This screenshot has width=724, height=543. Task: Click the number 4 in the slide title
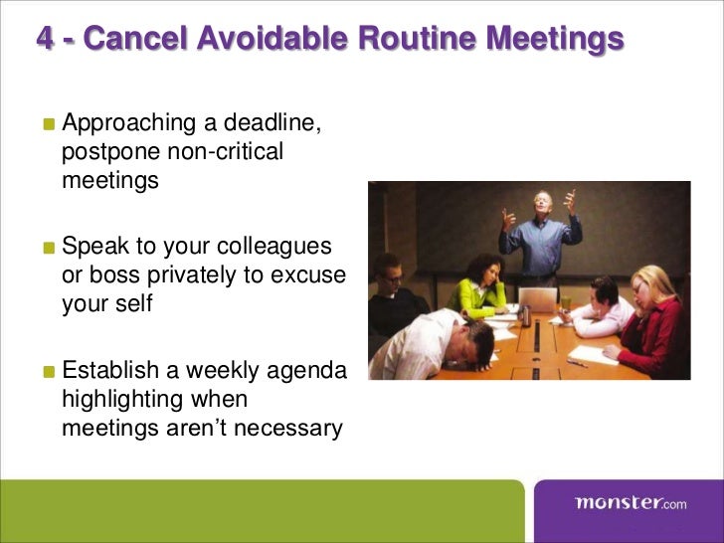click(46, 40)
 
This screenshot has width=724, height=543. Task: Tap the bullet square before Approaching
click(49, 126)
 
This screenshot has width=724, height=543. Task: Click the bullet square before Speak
click(49, 248)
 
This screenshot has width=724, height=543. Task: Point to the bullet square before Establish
click(49, 373)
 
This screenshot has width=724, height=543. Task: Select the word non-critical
click(227, 152)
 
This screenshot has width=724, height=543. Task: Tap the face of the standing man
click(541, 203)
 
